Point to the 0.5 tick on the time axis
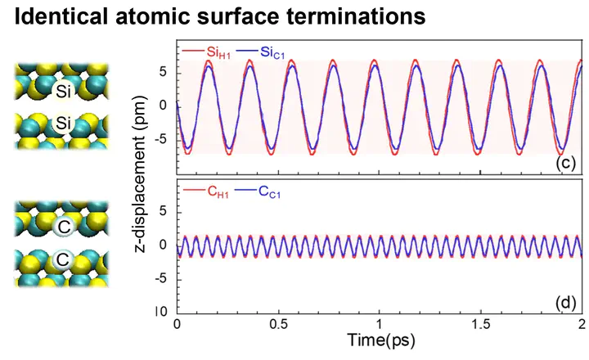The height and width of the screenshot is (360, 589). pos(278,325)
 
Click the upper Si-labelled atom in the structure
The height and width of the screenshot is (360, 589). pos(57,88)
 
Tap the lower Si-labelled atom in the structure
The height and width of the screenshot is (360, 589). pos(57,124)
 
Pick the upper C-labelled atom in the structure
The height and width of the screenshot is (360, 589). pos(57,225)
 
